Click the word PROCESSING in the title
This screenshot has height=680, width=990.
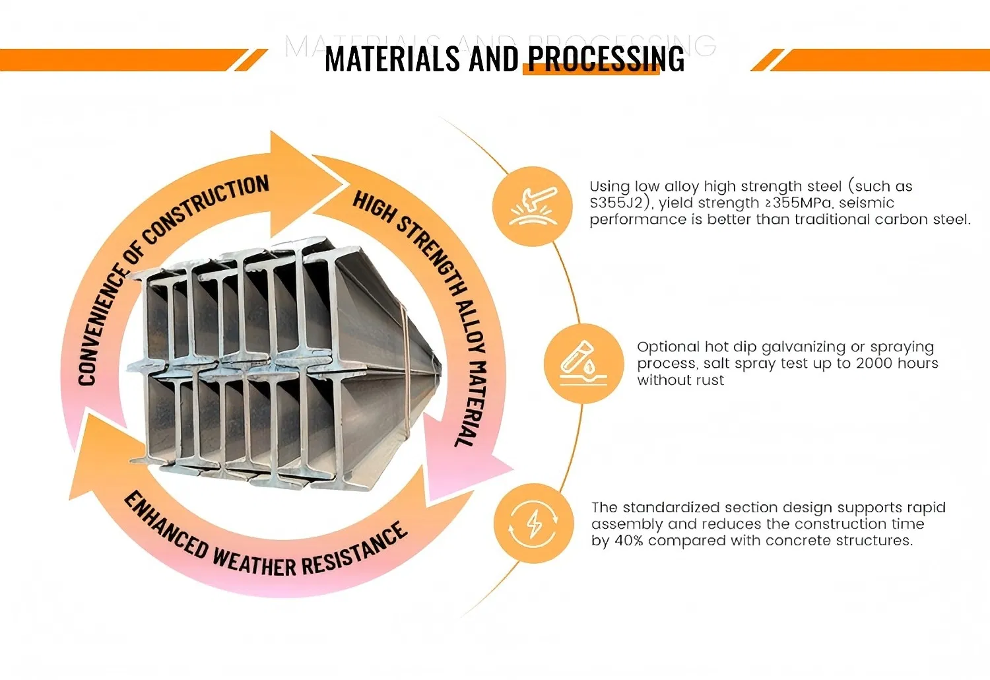point(606,59)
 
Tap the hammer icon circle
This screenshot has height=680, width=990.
point(533,207)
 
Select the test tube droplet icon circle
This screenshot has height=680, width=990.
point(583,364)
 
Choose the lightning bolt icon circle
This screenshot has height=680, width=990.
point(533,524)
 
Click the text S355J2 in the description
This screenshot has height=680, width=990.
point(615,203)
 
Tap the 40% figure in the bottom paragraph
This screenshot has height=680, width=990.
point(628,541)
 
